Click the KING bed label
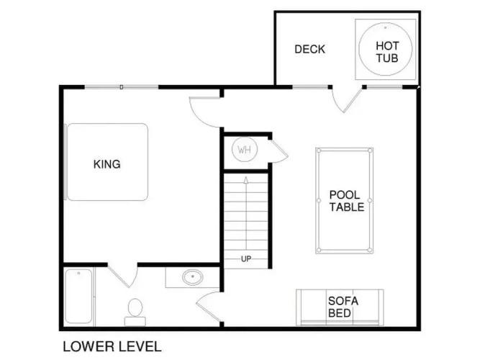click(107, 164)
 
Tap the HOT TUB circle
click(359, 49)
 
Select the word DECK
click(309, 50)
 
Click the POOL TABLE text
click(347, 201)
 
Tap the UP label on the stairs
click(246, 259)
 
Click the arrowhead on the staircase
click(246, 180)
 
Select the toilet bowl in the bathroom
click(135, 307)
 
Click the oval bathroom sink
click(193, 277)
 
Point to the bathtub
click(78, 296)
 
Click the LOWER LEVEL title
click(112, 346)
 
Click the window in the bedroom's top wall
click(122, 87)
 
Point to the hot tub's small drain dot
click(385, 27)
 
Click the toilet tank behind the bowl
click(135, 321)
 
